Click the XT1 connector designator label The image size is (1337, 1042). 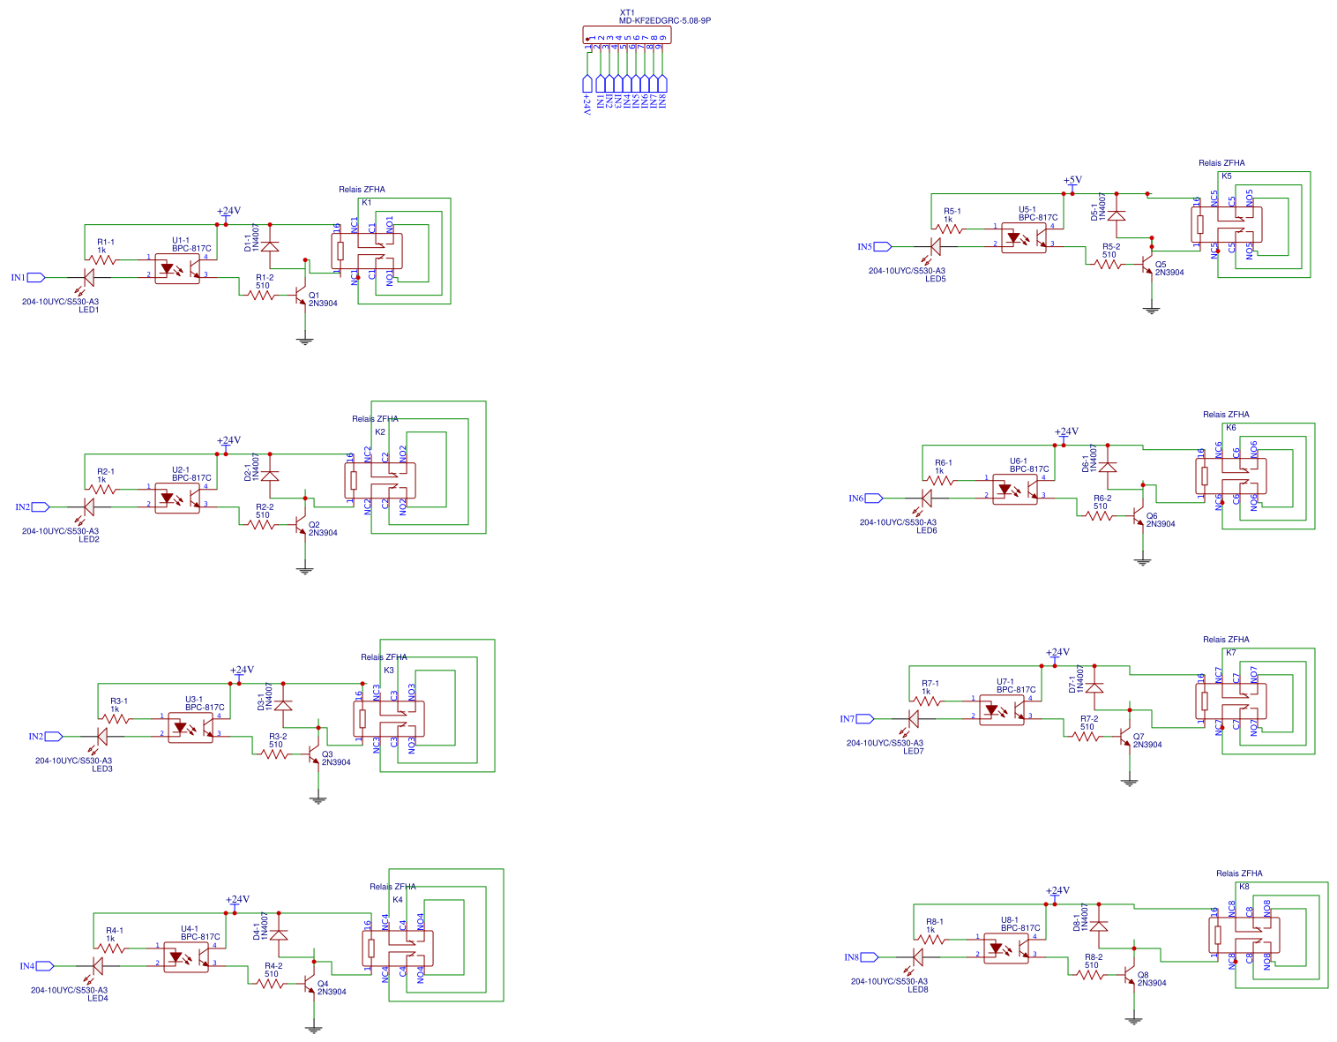pyautogui.click(x=627, y=12)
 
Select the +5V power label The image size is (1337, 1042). pyautogui.click(x=1072, y=180)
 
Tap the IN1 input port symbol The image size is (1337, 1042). pyautogui.click(x=36, y=277)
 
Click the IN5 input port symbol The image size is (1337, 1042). pyautogui.click(x=883, y=246)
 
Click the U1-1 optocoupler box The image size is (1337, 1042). pyautogui.click(x=177, y=268)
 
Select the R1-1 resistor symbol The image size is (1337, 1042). pyautogui.click(x=103, y=259)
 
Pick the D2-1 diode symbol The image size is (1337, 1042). pyautogui.click(x=270, y=476)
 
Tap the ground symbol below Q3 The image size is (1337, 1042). pyautogui.click(x=318, y=799)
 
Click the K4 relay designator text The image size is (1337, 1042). pyautogui.click(x=398, y=900)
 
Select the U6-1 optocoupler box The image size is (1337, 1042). pyautogui.click(x=1015, y=489)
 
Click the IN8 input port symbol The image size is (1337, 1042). pyautogui.click(x=870, y=956)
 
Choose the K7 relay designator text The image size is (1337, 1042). pyautogui.click(x=1231, y=653)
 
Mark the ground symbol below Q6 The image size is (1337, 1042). pyautogui.click(x=1143, y=561)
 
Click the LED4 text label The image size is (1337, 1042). pyautogui.click(x=98, y=998)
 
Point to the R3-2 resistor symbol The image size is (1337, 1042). pyautogui.click(x=275, y=753)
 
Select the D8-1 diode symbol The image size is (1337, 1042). pyautogui.click(x=1099, y=926)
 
